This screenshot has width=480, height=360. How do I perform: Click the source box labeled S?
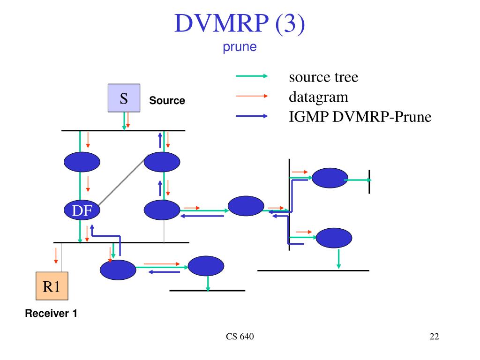[x=124, y=98]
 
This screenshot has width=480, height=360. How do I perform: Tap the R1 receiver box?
[x=52, y=286]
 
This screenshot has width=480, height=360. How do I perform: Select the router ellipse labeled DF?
[x=82, y=210]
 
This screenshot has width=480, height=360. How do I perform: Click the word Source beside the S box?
[x=167, y=100]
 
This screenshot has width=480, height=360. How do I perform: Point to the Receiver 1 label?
[x=51, y=313]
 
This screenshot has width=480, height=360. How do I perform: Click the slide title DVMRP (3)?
[x=240, y=23]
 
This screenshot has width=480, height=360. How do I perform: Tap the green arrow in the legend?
[x=252, y=76]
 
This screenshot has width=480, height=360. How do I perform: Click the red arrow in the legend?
[x=252, y=96]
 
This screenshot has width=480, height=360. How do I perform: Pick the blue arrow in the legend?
[x=252, y=116]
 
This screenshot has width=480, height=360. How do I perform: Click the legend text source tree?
[x=323, y=77]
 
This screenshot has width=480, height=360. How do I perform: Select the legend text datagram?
[x=318, y=97]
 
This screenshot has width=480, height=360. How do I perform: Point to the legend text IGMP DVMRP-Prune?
[x=360, y=117]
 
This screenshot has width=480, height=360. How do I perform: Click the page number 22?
[x=434, y=337]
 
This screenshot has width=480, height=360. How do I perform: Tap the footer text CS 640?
[x=240, y=337]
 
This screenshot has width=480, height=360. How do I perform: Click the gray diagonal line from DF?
[x=121, y=182]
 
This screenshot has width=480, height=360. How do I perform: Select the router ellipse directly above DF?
[x=82, y=162]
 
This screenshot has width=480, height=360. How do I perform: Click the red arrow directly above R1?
[x=56, y=255]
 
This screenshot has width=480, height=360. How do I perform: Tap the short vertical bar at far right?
[x=369, y=181]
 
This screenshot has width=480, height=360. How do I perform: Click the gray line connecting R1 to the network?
[x=61, y=257]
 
